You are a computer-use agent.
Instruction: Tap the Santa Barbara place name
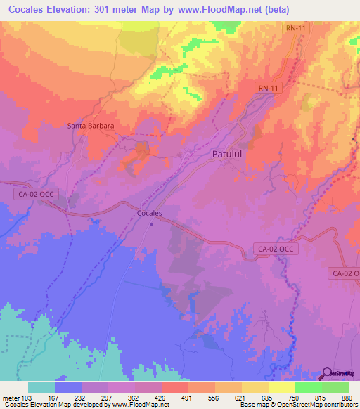point(91,126)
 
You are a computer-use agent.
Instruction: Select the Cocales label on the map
point(149,213)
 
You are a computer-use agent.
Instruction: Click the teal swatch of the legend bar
point(41,387)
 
